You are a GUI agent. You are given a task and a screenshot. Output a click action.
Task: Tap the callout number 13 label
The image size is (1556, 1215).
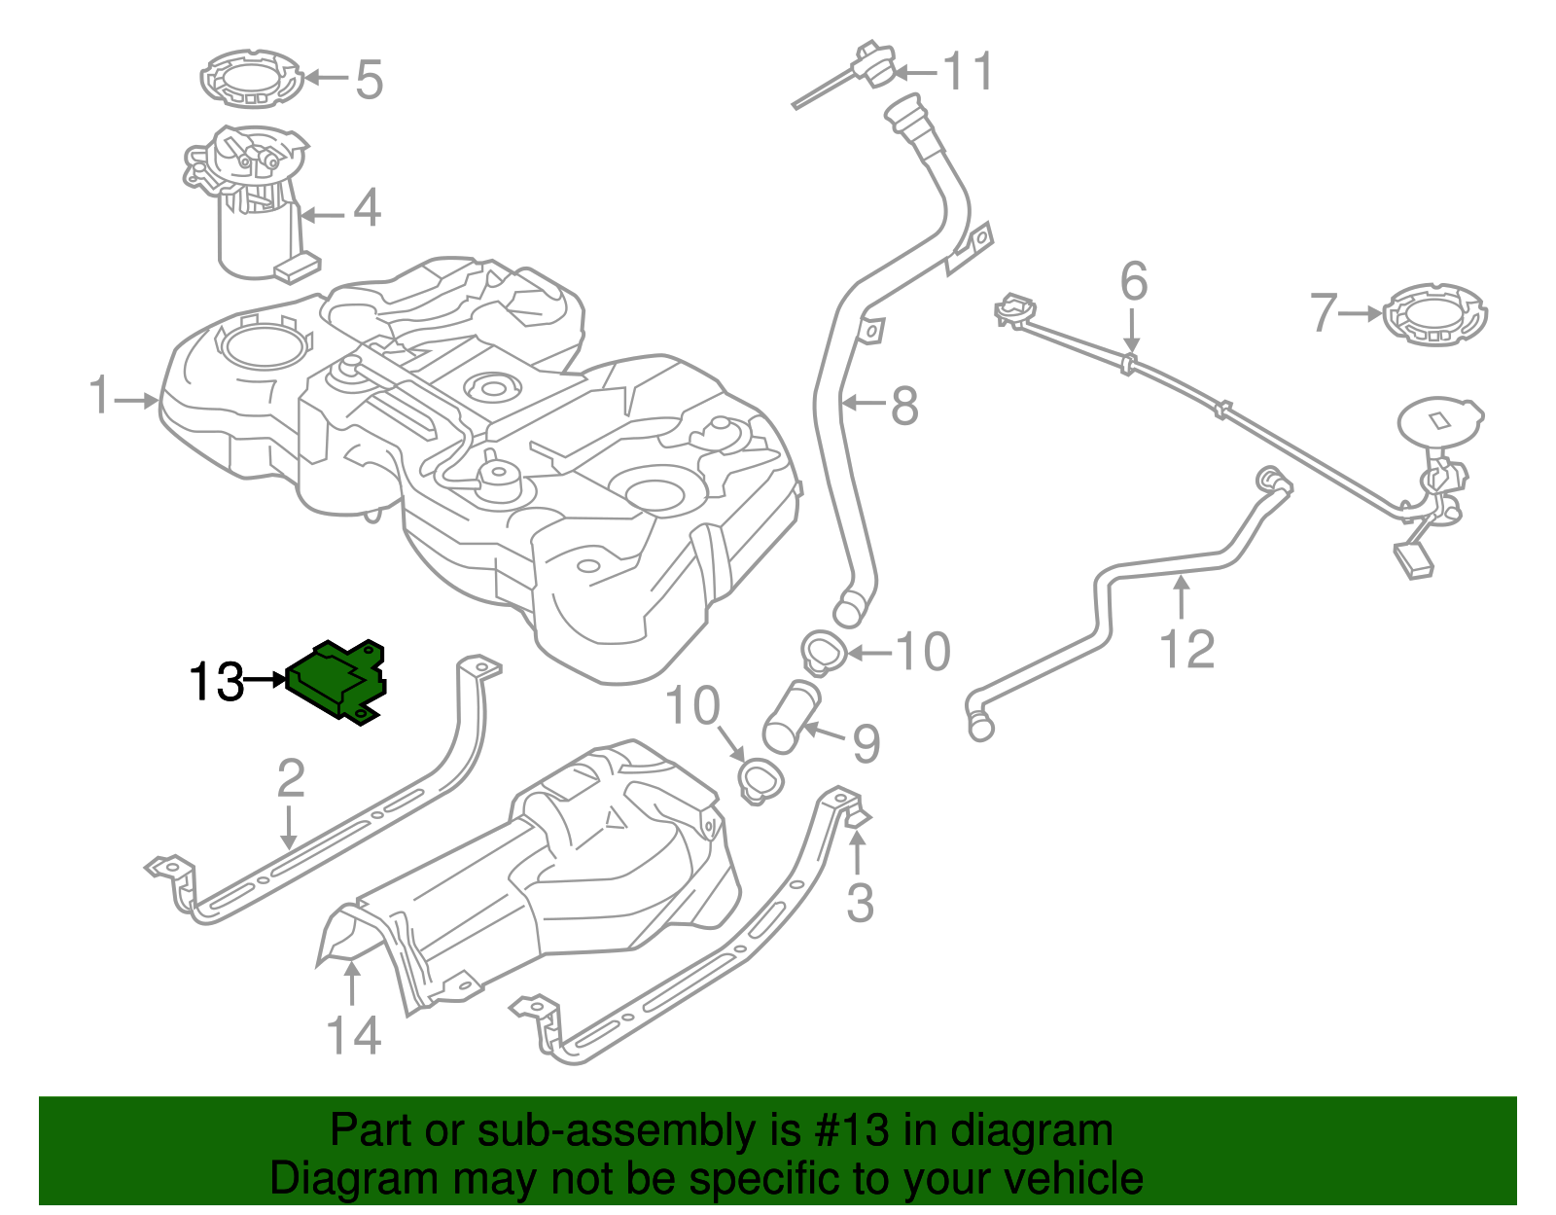click(x=216, y=682)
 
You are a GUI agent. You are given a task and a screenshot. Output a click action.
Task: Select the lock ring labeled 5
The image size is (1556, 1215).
click(x=251, y=79)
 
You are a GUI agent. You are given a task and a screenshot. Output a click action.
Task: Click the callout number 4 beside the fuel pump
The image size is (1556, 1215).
click(x=367, y=208)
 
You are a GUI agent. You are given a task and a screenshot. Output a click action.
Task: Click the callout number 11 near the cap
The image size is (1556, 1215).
click(x=969, y=71)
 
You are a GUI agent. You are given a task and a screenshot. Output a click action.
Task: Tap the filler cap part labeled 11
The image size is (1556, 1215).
click(x=874, y=64)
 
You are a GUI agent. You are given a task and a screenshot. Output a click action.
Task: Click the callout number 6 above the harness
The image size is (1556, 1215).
click(x=1134, y=281)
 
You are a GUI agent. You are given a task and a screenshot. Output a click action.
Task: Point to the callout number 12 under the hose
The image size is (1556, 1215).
click(x=1187, y=649)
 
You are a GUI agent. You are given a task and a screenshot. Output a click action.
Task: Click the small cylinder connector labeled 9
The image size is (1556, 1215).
click(x=792, y=718)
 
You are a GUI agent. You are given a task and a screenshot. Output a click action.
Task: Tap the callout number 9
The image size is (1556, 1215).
click(x=866, y=743)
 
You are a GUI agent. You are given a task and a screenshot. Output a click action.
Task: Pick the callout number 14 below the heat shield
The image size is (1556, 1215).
click(x=353, y=1035)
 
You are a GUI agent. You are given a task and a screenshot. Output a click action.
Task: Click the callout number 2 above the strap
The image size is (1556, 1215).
click(x=290, y=779)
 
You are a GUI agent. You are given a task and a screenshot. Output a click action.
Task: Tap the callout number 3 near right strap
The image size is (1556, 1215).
click(x=860, y=903)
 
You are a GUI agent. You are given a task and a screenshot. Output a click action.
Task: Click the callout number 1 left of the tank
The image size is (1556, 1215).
click(x=100, y=396)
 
